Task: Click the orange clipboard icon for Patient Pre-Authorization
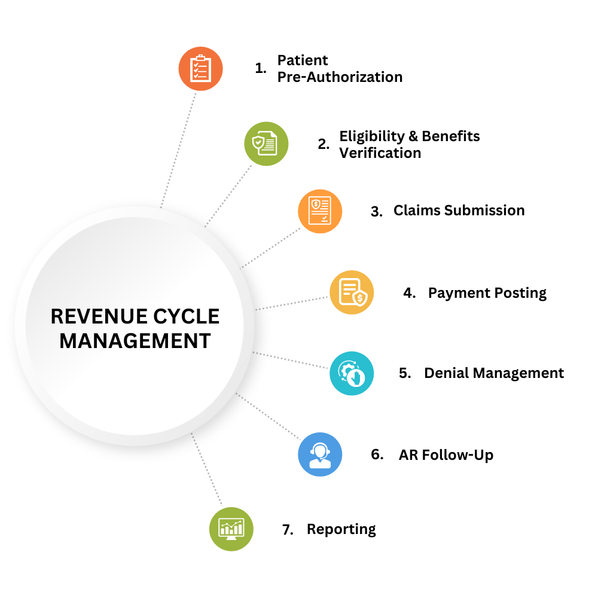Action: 200,69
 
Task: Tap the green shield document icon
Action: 265,144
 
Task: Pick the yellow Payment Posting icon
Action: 350,292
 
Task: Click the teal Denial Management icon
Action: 351,373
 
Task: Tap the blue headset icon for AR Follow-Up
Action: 320,454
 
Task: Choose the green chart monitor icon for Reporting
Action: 231,529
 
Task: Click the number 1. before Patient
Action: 260,69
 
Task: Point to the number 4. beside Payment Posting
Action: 409,293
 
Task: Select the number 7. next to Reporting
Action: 288,530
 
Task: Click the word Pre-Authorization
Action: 340,77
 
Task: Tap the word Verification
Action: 380,153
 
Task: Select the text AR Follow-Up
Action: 446,455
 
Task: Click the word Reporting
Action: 341,530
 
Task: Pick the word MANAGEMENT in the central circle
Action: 135,341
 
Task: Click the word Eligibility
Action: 371,136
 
